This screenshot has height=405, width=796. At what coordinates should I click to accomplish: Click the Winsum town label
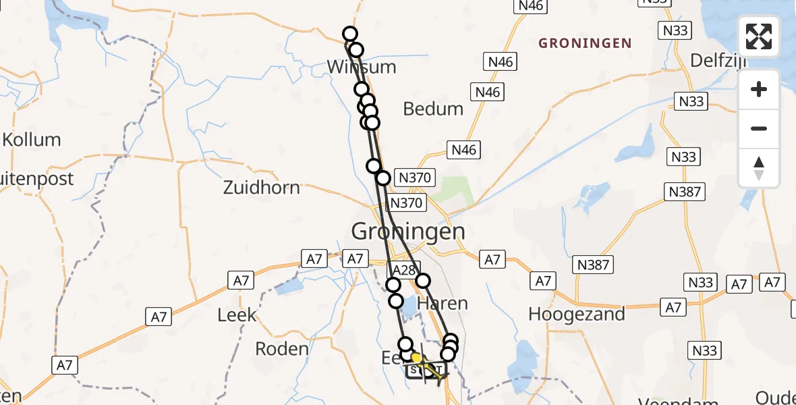tap(361, 67)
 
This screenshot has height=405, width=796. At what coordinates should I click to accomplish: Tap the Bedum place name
tap(433, 109)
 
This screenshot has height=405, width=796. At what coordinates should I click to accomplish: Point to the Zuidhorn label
tap(262, 187)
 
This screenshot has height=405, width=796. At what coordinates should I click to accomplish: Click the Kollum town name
tap(32, 140)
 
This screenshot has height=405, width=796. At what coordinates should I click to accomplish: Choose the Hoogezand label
tap(577, 314)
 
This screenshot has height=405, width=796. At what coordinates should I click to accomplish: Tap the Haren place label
tap(443, 303)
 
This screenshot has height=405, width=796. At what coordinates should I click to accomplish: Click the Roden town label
tap(282, 349)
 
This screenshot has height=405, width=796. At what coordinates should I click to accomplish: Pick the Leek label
tap(237, 315)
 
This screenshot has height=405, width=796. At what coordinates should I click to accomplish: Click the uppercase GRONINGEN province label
tap(585, 44)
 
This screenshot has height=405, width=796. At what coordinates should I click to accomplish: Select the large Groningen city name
tap(408, 232)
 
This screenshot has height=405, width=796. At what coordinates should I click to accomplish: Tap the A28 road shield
tap(405, 270)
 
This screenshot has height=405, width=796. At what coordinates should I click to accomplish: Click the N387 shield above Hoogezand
tap(594, 264)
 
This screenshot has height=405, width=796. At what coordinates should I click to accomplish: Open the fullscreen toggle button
tap(759, 36)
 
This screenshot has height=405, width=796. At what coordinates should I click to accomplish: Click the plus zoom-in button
tap(759, 89)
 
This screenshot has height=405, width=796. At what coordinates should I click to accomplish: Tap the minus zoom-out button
tap(759, 128)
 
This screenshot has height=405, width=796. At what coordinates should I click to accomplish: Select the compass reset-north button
tap(759, 167)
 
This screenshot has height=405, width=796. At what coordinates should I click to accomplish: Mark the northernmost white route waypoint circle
tap(349, 34)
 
